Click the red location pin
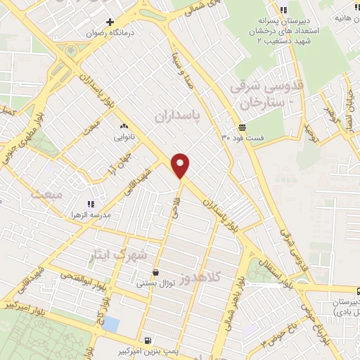tap(181, 165)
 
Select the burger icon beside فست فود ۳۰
tap(242, 127)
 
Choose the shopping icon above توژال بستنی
tap(155, 272)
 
